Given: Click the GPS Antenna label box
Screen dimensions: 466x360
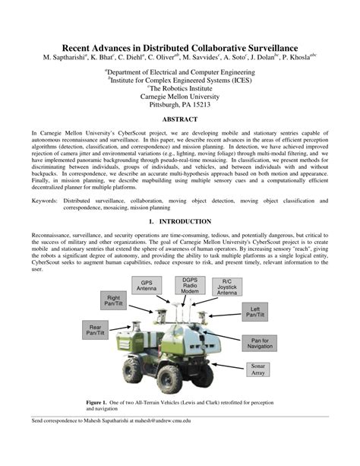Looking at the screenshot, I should pos(147,287).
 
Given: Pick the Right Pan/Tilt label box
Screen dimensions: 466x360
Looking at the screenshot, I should pos(114,301).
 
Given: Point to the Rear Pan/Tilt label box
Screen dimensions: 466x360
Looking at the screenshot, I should pos(96,329).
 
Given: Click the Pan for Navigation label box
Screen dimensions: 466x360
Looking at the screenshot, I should pos(260,343).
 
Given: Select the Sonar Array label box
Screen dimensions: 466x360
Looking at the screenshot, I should pos(257,369).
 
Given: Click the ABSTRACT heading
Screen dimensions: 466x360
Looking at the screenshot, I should pos(180,119).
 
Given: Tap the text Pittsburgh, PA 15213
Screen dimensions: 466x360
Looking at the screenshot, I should pos(180,105).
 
